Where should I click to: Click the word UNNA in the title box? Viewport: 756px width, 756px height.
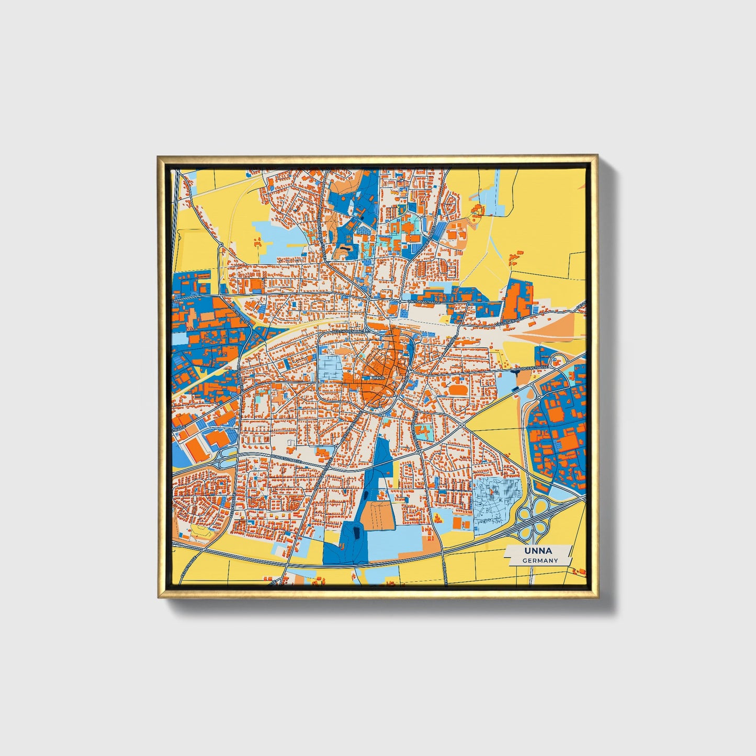tap(538, 551)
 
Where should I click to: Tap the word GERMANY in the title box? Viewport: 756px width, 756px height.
tap(540, 560)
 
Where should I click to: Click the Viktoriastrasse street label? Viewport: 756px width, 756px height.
tap(424, 302)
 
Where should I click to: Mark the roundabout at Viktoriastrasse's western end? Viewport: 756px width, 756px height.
tap(369, 299)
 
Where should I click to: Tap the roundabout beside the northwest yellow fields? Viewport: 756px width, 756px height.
tap(222, 244)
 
